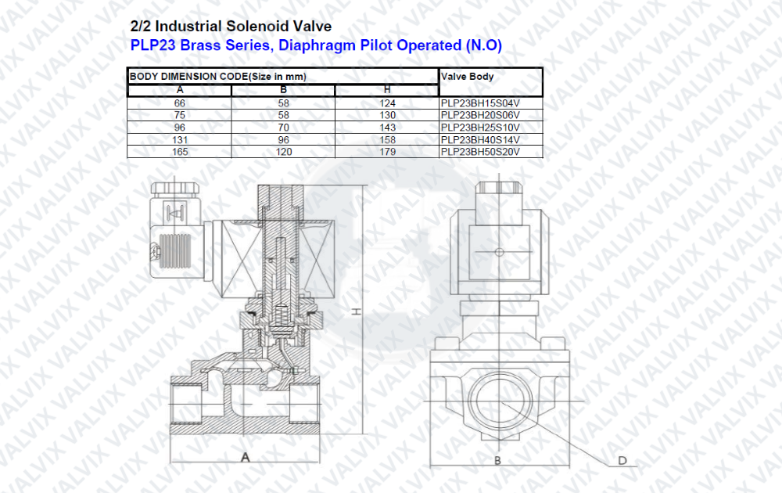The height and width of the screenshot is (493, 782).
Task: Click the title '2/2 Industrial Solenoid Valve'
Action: tap(231, 27)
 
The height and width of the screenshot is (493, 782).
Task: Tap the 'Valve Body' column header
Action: tap(468, 77)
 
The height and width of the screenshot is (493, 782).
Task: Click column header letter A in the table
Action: tap(180, 90)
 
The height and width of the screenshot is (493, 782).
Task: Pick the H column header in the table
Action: tap(387, 90)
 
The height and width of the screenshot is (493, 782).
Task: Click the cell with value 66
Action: tap(180, 103)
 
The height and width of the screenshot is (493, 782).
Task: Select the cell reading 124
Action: tap(387, 103)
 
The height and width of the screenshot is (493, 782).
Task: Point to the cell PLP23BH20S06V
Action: tap(480, 115)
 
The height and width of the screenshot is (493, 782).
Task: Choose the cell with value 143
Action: tap(387, 128)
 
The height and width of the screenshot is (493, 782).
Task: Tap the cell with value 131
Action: tap(180, 140)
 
